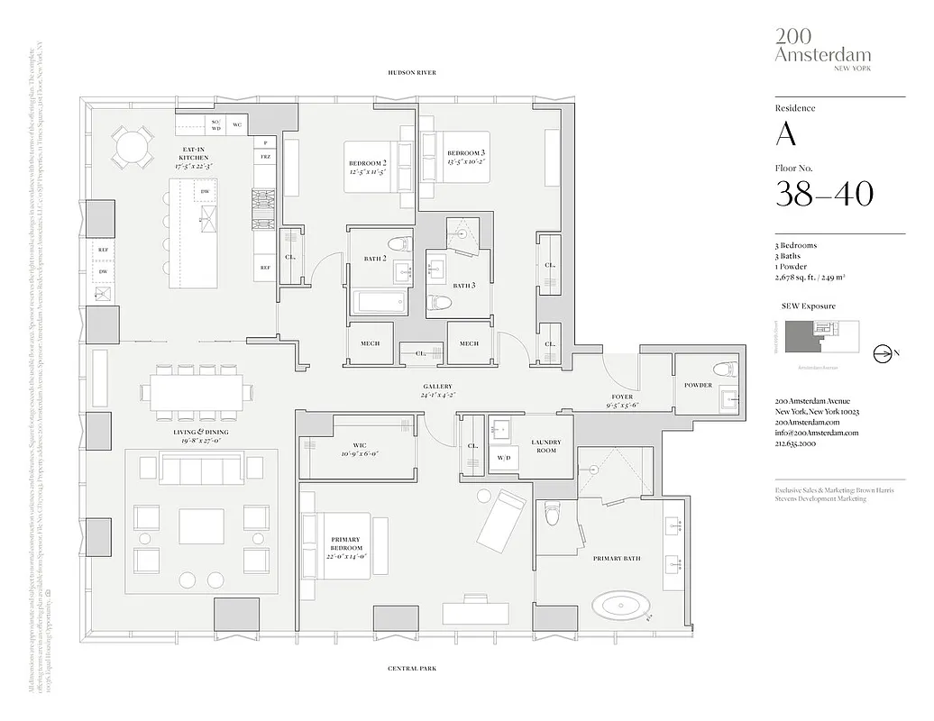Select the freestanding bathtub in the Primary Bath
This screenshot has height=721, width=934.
coord(619,604)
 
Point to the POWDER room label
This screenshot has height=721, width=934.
coord(698,385)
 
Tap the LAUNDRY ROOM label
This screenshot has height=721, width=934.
coord(545,445)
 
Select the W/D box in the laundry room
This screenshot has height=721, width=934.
coord(503,457)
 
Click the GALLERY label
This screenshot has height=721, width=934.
coord(436,386)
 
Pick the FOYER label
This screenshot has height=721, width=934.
coord(622,397)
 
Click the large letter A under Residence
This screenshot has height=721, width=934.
coord(785,134)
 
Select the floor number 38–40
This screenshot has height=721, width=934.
coord(824,193)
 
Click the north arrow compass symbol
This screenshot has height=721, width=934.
coord(883,354)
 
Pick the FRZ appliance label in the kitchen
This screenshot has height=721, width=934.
coord(265,158)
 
